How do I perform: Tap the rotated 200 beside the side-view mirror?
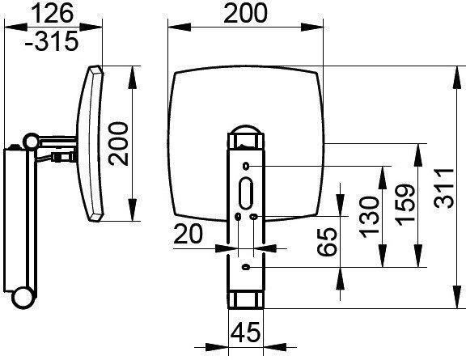(119, 143)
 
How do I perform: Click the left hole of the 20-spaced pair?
(237, 217)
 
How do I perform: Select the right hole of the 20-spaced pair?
(255, 217)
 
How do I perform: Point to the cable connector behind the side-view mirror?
(58, 155)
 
